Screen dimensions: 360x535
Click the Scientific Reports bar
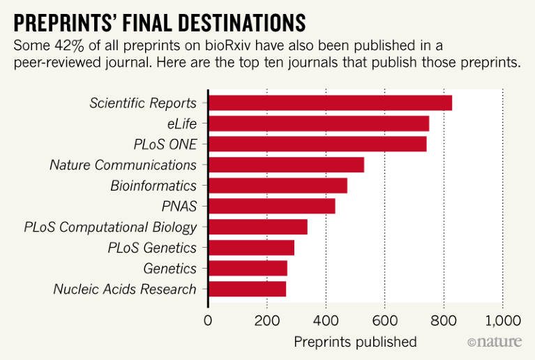[x=330, y=103]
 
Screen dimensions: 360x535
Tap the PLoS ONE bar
[x=317, y=144]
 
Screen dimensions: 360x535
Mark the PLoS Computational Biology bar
[x=257, y=227]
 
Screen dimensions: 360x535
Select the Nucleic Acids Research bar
[x=247, y=289]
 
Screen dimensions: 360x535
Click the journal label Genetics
[x=169, y=269]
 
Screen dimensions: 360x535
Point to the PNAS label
[x=179, y=207]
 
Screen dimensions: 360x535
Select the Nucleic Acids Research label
[x=125, y=289]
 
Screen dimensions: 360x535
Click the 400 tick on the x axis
[x=326, y=321]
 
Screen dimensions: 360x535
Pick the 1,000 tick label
[x=502, y=321]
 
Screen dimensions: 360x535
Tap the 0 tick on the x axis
[x=208, y=321]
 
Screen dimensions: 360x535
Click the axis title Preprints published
[x=355, y=342]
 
